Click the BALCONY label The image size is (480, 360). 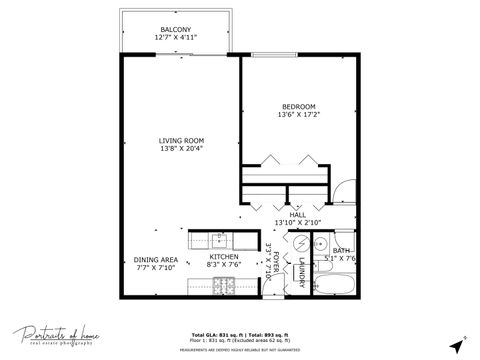(176, 29)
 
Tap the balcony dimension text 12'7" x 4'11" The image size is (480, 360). (176, 38)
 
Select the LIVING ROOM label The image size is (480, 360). (181, 141)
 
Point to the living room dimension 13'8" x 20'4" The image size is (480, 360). (181, 150)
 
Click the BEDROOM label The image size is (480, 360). (298, 106)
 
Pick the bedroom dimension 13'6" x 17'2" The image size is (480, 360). (298, 115)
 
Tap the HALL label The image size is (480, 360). (297, 214)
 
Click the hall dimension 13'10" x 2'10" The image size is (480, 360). (297, 222)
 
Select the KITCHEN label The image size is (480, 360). (222, 257)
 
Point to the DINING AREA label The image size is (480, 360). (155, 260)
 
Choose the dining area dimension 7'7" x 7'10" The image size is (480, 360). (155, 268)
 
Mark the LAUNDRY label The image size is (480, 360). (300, 272)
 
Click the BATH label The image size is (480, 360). (342, 251)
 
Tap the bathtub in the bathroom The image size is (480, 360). (336, 286)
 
